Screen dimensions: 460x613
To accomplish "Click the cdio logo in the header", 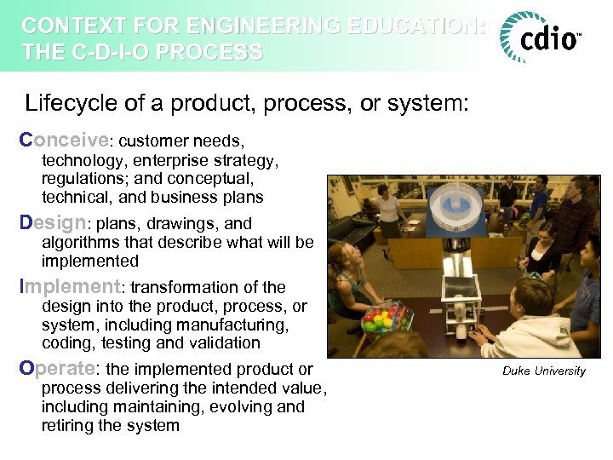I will tap(541, 37).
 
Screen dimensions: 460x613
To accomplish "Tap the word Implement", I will tap(71, 287).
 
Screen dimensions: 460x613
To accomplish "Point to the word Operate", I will tap(58, 369).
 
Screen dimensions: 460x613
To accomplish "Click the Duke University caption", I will tap(543, 371).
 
